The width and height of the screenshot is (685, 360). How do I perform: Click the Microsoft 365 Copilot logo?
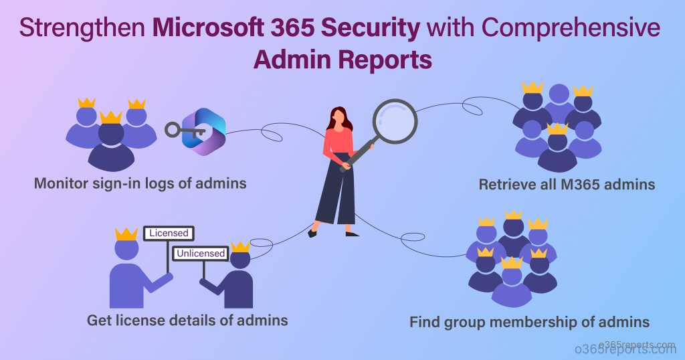point(205,131)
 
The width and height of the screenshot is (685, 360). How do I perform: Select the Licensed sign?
point(169,234)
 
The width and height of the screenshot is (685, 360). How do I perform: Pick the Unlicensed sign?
point(201,254)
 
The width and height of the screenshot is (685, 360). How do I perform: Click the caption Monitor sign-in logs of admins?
point(140,183)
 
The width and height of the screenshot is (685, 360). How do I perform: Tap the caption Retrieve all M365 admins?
point(567,184)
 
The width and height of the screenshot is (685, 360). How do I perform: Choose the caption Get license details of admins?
point(187,321)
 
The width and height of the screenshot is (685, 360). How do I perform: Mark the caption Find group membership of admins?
point(529,323)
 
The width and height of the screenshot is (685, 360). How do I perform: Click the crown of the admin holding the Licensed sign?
point(126,234)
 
